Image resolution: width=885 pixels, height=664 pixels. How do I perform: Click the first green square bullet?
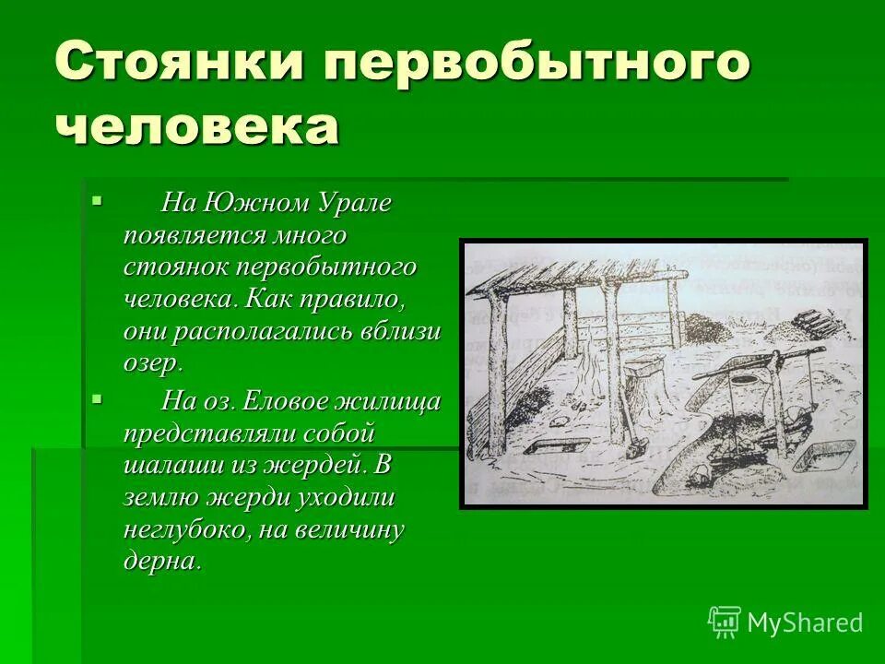99,199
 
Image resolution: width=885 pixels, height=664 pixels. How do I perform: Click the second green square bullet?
99,399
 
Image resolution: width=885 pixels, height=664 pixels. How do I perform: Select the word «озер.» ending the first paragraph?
153,362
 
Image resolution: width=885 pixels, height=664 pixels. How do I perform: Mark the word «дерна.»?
162,561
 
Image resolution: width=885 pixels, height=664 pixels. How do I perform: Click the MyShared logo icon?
725,622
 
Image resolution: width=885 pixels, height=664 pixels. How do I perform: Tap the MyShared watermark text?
805,622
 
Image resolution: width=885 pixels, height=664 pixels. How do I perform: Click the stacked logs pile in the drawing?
815,322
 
